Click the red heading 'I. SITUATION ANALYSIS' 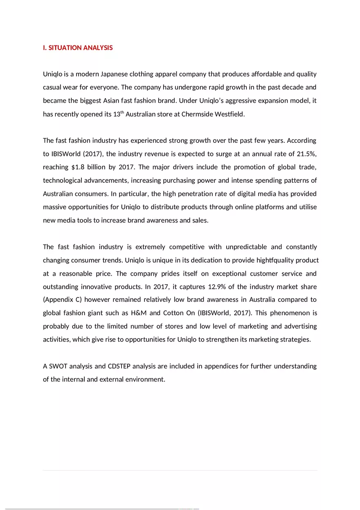78,48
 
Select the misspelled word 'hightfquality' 276,260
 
